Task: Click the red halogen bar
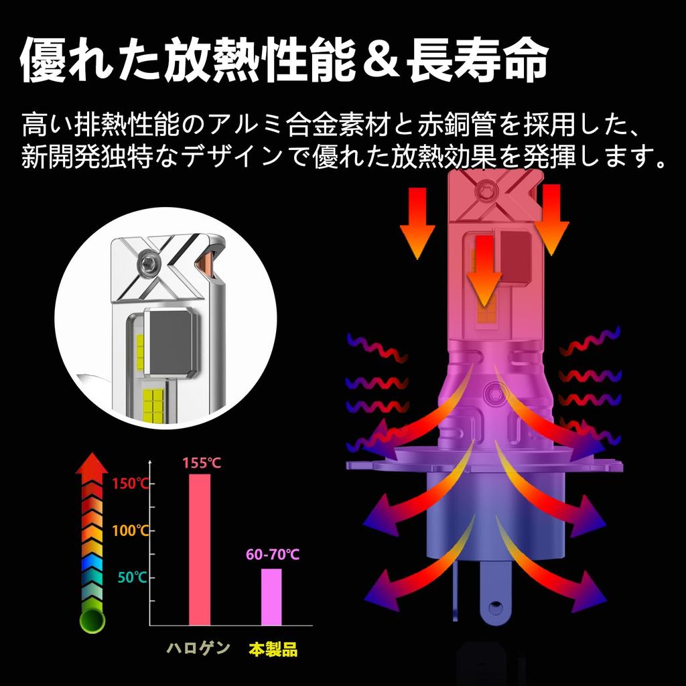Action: pos(200,549)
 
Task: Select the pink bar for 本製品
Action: pos(271,597)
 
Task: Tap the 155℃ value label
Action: pos(202,463)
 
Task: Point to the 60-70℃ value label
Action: pos(273,554)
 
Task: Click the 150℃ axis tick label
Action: pos(131,484)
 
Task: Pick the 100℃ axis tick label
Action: pos(131,531)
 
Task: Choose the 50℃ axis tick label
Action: pos(133,577)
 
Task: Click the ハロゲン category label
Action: pos(198,648)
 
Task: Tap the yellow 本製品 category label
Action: pos(273,649)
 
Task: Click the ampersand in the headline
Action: pos(381,61)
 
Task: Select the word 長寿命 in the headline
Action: pos(478,60)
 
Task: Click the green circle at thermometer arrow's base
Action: pos(92,620)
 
